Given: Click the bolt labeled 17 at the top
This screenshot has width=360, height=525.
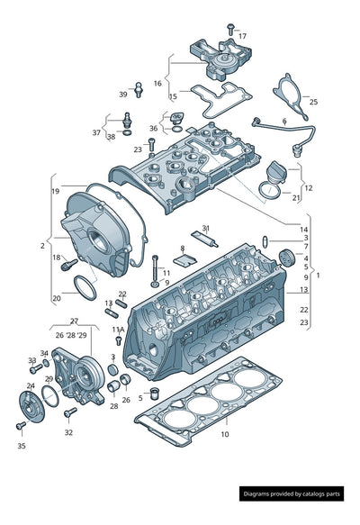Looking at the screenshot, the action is click(x=230, y=29).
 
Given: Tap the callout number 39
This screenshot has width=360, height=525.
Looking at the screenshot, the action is click(x=123, y=95).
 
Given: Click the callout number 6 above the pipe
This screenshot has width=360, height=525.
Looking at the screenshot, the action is click(x=284, y=120).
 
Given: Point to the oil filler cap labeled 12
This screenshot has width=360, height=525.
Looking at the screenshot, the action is click(x=275, y=172).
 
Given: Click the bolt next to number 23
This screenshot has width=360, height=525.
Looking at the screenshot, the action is click(x=151, y=144).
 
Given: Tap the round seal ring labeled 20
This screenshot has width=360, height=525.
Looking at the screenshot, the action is click(x=85, y=288).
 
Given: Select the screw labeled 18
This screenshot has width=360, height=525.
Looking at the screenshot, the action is click(x=69, y=265).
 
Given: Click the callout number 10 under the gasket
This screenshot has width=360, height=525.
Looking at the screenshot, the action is click(x=225, y=434).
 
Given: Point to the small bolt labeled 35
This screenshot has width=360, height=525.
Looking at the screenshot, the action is click(x=21, y=426).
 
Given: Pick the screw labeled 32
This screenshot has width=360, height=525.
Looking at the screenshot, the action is click(x=70, y=412).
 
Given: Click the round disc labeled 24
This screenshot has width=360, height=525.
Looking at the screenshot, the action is click(x=31, y=406).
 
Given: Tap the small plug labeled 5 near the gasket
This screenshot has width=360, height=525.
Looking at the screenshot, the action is click(x=155, y=394).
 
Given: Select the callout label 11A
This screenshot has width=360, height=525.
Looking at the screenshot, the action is click(x=118, y=330).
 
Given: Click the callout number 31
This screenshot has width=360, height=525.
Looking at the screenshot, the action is click(x=206, y=229).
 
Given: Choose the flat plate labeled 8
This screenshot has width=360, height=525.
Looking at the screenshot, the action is click(x=185, y=260).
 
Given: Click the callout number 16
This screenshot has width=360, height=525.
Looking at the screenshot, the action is click(x=157, y=83).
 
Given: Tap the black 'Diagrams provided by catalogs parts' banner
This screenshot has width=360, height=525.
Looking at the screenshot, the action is click(x=292, y=493).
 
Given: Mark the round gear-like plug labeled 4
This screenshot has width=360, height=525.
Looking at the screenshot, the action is click(x=287, y=258).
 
